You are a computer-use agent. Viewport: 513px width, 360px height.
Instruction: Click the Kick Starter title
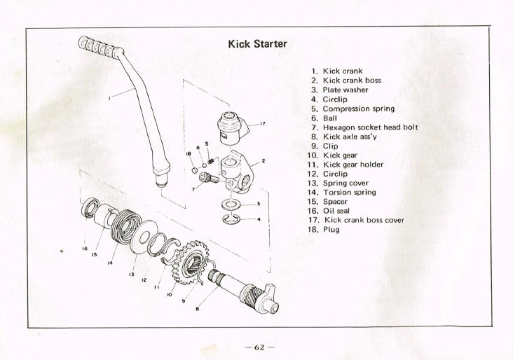(257, 44)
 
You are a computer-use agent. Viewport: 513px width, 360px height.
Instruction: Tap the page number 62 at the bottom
(256, 347)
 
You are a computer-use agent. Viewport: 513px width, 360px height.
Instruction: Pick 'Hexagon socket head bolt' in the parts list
(370, 127)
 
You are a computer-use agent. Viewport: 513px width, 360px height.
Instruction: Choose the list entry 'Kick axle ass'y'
(352, 137)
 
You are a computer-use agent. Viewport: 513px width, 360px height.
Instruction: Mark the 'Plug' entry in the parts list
(331, 229)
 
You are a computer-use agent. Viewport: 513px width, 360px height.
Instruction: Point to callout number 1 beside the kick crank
(109, 99)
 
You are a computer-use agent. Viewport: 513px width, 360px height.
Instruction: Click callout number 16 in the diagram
(84, 248)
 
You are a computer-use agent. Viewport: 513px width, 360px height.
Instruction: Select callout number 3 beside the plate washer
(259, 204)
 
